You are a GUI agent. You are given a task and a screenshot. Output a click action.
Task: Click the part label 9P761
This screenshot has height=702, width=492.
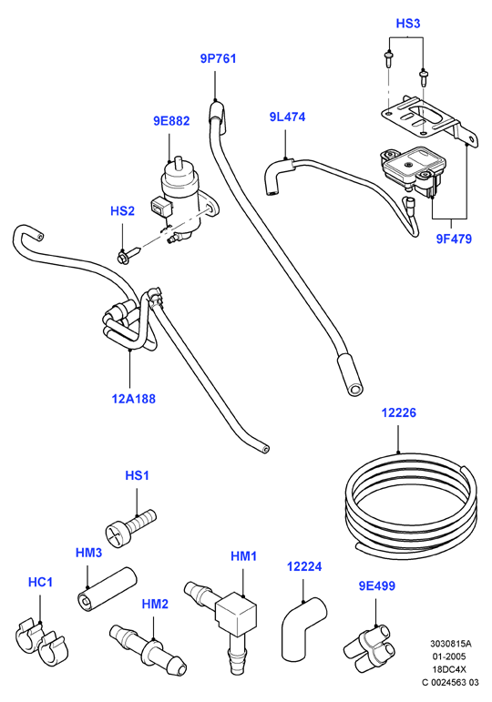tap(218, 58)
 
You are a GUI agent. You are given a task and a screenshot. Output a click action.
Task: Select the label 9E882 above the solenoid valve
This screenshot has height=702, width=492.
tap(171, 121)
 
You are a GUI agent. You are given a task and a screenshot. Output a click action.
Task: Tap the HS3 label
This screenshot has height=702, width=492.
tap(408, 24)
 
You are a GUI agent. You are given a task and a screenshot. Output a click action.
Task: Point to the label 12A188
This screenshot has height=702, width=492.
tap(134, 399)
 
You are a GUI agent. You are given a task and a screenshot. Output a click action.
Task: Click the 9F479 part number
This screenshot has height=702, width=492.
tap(454, 239)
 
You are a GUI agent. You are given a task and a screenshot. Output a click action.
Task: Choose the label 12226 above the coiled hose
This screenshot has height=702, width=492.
tap(399, 412)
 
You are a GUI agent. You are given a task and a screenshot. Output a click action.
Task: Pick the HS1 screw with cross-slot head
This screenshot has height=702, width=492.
tap(131, 527)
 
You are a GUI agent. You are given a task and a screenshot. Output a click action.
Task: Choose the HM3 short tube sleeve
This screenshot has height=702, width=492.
tap(108, 588)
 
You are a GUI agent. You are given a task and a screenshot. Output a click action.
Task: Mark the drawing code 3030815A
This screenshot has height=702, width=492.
tap(451, 644)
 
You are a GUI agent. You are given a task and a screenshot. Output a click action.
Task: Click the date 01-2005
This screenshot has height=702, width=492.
tap(449, 656)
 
